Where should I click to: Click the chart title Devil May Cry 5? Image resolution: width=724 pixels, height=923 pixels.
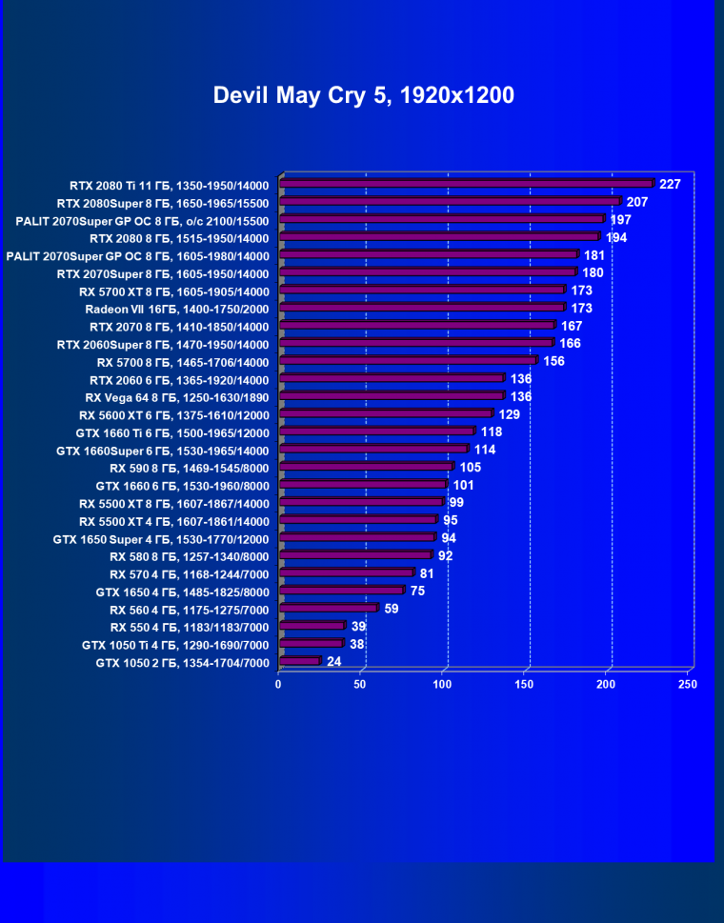click(363, 95)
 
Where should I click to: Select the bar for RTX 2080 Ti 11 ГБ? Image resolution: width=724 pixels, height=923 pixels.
click(467, 184)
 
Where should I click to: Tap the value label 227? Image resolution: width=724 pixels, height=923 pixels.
click(670, 184)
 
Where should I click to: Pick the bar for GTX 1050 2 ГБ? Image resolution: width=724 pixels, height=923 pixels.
click(299, 661)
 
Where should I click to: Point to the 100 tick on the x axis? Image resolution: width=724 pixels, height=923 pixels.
click(442, 684)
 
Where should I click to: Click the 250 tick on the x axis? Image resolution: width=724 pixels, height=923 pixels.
click(687, 684)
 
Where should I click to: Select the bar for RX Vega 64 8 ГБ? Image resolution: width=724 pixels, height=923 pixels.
click(392, 395)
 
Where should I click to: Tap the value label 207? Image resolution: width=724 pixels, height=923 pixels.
click(637, 202)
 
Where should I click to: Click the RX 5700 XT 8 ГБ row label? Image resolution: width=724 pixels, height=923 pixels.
click(174, 291)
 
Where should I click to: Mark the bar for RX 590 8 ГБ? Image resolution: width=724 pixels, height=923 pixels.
click(367, 467)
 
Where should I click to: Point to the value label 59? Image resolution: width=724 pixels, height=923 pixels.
click(392, 608)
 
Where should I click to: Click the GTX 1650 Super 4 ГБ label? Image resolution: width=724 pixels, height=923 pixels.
click(162, 539)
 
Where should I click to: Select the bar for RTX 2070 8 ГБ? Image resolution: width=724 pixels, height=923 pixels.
click(417, 326)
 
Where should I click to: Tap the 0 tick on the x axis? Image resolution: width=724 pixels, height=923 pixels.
click(279, 684)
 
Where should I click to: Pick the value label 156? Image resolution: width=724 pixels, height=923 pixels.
click(553, 361)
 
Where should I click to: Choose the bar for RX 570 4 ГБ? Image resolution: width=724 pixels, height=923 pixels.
click(347, 572)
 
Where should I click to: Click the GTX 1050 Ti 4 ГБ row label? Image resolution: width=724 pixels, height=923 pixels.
click(176, 645)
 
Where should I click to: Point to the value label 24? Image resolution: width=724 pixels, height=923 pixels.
click(333, 661)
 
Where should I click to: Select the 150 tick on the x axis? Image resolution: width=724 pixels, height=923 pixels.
click(524, 684)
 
